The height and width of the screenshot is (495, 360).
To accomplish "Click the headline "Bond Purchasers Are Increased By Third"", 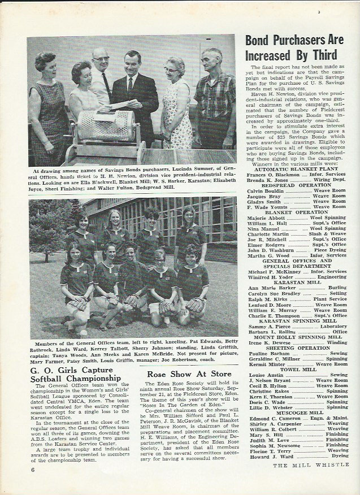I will [x=294, y=47].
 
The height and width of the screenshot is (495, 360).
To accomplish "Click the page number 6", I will [x=33, y=470].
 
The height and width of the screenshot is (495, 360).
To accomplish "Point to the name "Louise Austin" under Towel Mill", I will [x=266, y=375].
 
